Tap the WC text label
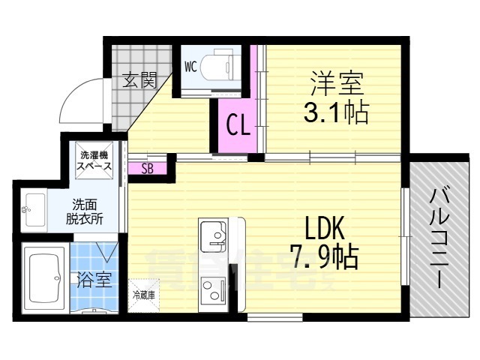click(190, 66)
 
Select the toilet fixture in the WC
click(222, 65)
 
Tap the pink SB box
click(148, 168)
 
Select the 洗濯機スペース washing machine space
click(96, 160)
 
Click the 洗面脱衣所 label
click(88, 210)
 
